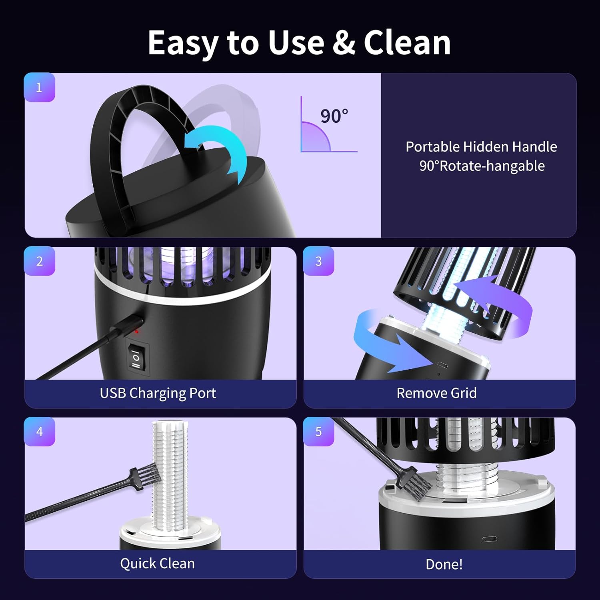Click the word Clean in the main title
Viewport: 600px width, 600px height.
(407, 43)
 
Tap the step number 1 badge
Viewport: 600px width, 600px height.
(39, 87)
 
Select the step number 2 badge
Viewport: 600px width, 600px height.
(39, 261)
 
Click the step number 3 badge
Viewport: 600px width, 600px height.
(318, 261)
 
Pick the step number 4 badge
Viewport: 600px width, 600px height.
(39, 431)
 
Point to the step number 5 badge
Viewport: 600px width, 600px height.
(318, 431)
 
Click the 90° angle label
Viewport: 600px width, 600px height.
(334, 116)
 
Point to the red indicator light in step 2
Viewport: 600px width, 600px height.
(137, 332)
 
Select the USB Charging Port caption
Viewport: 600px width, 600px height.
(158, 393)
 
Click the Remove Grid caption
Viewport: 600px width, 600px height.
(436, 393)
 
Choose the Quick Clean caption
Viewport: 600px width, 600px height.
(157, 564)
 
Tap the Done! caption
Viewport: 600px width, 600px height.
(444, 564)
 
